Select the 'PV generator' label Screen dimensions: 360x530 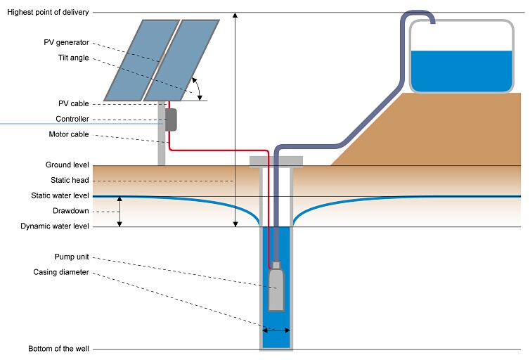[x=67, y=42]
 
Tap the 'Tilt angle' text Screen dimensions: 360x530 [x=73, y=58]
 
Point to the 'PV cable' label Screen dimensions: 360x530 [x=73, y=103]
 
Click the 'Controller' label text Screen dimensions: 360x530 [x=72, y=119]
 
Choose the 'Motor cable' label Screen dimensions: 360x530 [x=68, y=134]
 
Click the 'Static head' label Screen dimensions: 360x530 [x=70, y=180]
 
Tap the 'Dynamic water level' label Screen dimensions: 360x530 [x=58, y=226]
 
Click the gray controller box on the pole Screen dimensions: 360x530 [x=170, y=120]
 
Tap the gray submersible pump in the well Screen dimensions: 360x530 [x=276, y=288]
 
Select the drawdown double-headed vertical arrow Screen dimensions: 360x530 [x=119, y=211]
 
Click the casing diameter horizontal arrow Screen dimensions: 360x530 [x=276, y=329]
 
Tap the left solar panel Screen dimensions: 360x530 [x=134, y=60]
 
